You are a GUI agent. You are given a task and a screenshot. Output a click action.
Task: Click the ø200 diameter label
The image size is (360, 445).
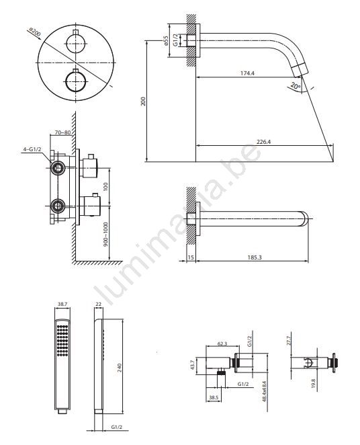pos(35,33)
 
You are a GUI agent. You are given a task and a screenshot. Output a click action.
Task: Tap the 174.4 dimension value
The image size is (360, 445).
pos(247,73)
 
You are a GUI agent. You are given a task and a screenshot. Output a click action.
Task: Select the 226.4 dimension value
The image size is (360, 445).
pos(264,142)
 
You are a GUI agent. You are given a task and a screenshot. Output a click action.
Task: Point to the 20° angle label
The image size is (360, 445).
pos(296,85)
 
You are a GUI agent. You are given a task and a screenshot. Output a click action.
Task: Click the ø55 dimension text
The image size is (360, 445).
pos(166,40)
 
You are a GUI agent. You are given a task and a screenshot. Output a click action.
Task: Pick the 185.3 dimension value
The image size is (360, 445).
pos(255,257)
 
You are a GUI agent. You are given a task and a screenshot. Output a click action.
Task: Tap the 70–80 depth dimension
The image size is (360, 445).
pos(62,132)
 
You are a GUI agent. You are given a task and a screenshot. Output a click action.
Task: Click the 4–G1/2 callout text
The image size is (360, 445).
pos(32,149)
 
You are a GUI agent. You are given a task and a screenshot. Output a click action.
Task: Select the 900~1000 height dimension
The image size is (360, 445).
pos(105,234)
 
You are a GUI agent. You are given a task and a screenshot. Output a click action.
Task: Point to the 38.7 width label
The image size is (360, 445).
pos(62,304)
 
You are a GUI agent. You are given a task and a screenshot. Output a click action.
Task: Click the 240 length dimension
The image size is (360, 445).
pos(119,368)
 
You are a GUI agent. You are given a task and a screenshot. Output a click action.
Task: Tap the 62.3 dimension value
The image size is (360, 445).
pos(222,343)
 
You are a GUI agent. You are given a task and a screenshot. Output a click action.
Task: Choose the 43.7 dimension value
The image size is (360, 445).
pos(193,365)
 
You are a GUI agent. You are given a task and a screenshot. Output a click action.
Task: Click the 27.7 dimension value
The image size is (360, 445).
pos(289,340)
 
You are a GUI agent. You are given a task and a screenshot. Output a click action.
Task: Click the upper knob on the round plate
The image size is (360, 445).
pos(76,44)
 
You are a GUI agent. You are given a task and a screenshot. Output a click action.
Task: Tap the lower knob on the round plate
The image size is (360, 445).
pos(76,81)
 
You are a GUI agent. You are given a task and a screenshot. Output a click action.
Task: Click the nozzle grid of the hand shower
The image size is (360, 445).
pos(62,341)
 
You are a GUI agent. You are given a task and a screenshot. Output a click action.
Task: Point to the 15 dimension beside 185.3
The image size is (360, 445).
pos(191,257)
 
